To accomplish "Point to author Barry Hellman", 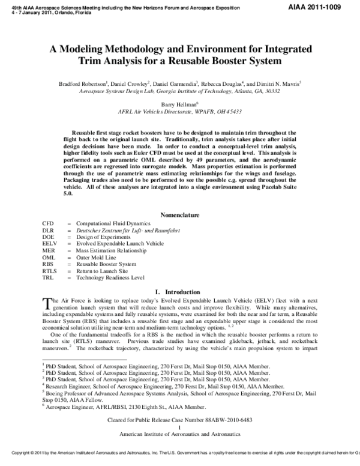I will click(x=181, y=103).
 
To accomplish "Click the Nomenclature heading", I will click(x=180, y=214).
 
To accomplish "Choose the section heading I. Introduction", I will click(x=180, y=292).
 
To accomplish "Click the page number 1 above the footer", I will click(x=180, y=427).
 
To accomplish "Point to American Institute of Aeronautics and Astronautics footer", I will click(x=180, y=434).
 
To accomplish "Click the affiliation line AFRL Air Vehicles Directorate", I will click(x=180, y=112).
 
